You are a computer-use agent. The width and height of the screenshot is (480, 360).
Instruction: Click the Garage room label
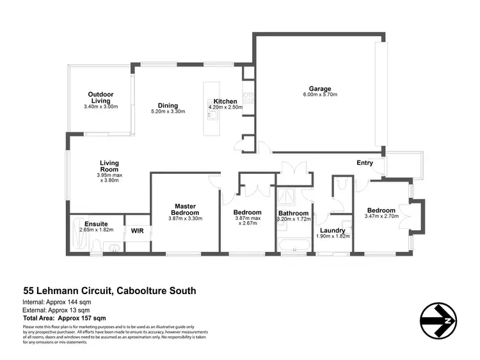320,89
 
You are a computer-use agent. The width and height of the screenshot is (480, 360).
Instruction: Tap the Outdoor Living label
101,98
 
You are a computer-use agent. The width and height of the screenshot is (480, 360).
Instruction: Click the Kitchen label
225,101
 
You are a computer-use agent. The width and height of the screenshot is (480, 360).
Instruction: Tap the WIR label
137,230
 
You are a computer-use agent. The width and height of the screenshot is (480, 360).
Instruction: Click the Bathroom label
293,213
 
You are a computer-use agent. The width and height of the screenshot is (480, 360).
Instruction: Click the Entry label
365,163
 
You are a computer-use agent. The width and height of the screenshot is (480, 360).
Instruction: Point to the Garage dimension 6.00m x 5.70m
320,95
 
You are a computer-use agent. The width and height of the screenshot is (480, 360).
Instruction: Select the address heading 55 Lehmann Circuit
109,291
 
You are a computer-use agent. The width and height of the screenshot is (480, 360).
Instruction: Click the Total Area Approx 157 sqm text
64,318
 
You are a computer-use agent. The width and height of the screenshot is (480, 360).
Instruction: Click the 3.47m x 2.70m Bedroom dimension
381,217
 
